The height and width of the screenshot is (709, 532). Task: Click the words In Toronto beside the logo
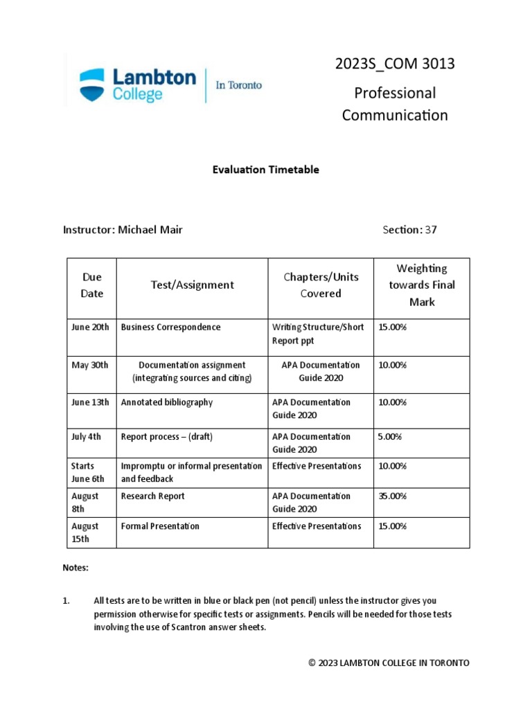click(239, 85)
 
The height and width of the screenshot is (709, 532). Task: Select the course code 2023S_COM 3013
click(395, 64)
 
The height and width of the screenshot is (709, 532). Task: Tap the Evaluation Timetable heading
click(266, 170)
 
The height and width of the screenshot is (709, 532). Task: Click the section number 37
click(431, 230)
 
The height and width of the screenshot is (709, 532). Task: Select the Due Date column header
click(91, 285)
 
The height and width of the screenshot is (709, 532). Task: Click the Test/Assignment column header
click(192, 285)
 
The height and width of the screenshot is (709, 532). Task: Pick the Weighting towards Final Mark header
click(422, 285)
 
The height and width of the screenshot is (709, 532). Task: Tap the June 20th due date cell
click(90, 327)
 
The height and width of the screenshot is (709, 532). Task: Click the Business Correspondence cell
click(170, 327)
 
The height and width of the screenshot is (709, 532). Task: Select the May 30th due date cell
click(90, 365)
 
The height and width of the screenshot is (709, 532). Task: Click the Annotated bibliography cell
click(166, 402)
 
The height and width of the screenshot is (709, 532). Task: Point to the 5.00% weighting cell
click(390, 437)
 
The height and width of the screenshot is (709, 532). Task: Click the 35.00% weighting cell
click(392, 496)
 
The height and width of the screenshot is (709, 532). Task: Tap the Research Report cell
click(152, 496)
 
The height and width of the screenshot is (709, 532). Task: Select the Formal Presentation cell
click(160, 526)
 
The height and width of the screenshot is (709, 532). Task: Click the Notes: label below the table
click(76, 568)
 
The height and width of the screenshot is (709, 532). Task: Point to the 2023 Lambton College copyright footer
click(389, 663)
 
